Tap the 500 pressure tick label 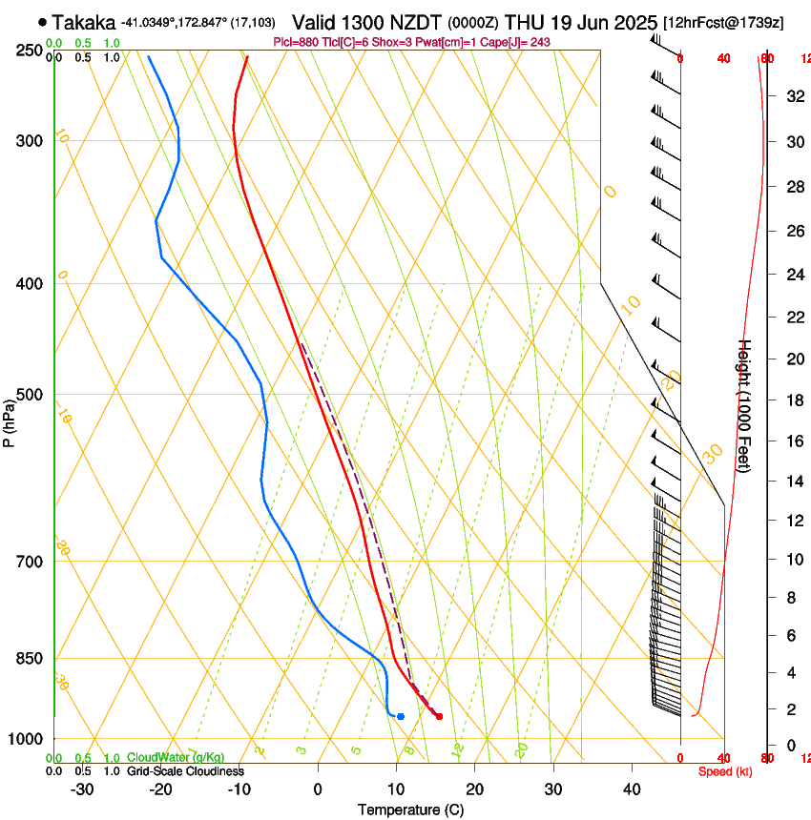point(30,395)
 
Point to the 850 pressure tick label point(30,658)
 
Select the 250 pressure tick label point(30,50)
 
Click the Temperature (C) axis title point(410,810)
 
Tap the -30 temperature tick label point(82,789)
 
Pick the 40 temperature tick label point(631,789)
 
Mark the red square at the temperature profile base point(439,716)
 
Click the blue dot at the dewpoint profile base point(401,716)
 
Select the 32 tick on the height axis point(793,96)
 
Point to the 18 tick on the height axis point(793,400)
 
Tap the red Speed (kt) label point(724,771)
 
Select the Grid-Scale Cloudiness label point(185,771)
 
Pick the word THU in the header point(523,22)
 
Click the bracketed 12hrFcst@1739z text point(724,23)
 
